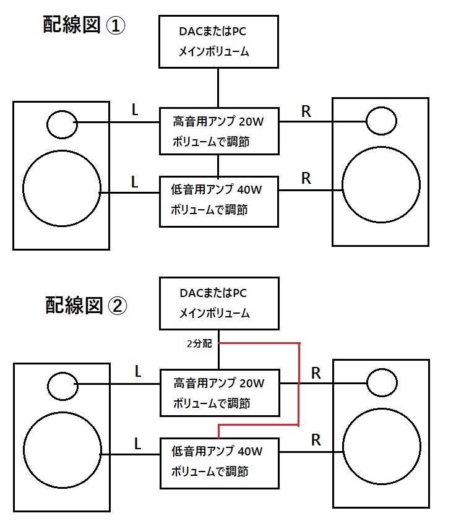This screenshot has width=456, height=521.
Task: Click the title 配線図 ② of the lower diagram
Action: tap(85, 304)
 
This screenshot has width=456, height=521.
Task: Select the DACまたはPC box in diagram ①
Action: tap(218, 41)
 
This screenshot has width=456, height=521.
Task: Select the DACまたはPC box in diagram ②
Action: tap(218, 303)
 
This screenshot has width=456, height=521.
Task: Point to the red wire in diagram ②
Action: tap(299, 384)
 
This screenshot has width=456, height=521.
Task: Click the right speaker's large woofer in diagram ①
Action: tap(380, 184)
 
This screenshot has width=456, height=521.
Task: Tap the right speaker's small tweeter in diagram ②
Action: tap(381, 384)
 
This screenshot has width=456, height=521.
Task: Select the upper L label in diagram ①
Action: tap(135, 110)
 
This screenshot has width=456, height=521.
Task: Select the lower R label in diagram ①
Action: tap(306, 178)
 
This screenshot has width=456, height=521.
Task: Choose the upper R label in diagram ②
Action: tap(316, 373)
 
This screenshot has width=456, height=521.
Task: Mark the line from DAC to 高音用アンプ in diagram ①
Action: tap(218, 87)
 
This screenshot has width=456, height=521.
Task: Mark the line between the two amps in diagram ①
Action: tap(218, 165)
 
